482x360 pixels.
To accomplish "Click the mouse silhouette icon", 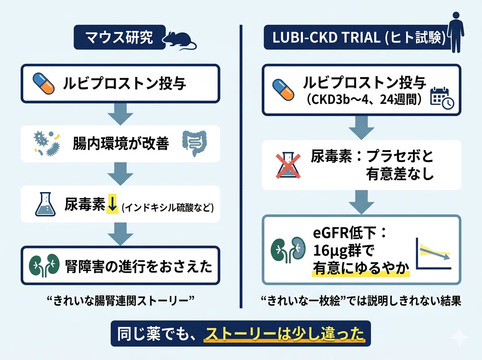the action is [x=179, y=41].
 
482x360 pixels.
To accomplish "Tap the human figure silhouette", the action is [x=456, y=32].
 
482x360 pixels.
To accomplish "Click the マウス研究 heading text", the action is [x=119, y=37].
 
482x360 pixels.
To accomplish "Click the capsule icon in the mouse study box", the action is [x=43, y=84].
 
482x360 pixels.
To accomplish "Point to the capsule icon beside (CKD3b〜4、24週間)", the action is [x=283, y=90].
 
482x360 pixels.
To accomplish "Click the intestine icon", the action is [x=194, y=143].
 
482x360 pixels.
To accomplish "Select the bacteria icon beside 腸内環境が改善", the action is [x=47, y=143].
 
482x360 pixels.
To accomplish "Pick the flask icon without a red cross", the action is [x=45, y=204].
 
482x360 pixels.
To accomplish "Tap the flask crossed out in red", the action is [x=288, y=165].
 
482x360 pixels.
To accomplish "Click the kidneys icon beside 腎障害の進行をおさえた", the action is [x=44, y=265].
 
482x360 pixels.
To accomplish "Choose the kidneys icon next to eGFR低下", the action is [x=288, y=250].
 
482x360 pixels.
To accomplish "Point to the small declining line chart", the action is [x=433, y=254].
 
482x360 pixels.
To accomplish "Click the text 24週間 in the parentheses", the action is [x=398, y=100].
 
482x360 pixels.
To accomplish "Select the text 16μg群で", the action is [x=343, y=251].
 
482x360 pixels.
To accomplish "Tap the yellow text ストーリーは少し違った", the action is [x=284, y=334].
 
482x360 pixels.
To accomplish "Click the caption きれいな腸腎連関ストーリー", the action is [x=121, y=301].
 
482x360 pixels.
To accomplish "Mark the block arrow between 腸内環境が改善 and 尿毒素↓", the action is [x=120, y=174].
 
